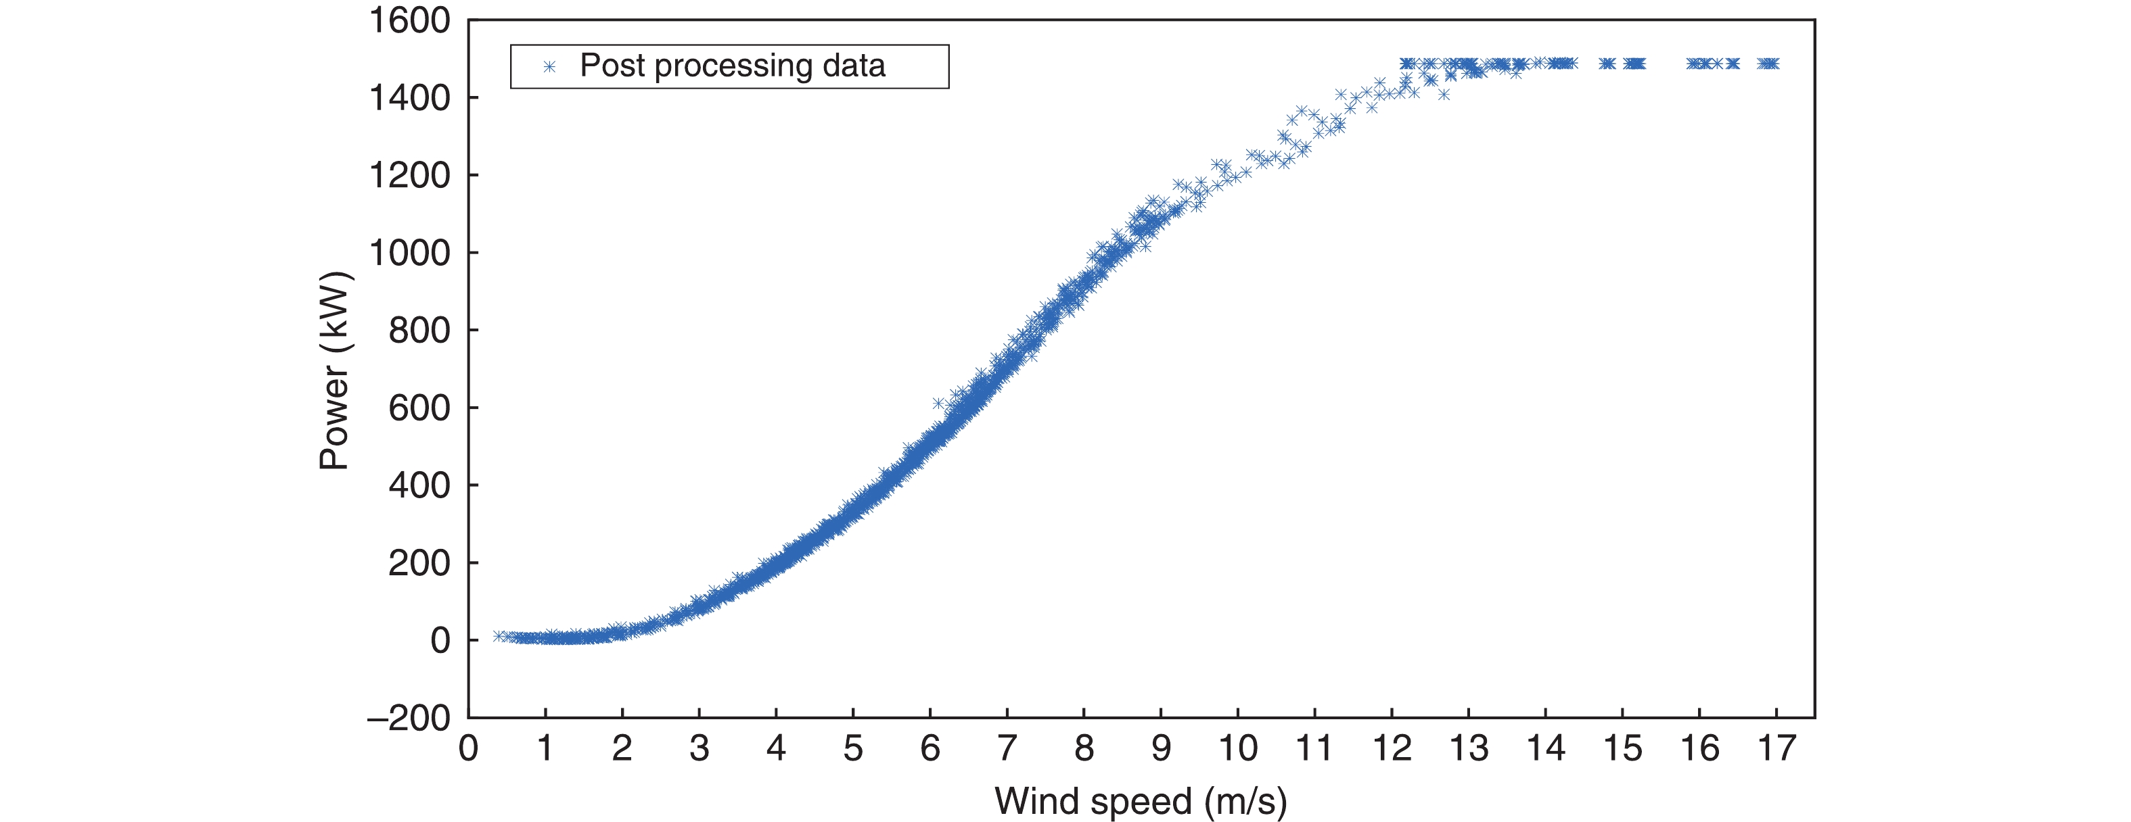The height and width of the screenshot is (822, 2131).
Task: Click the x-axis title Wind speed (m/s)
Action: (1140, 800)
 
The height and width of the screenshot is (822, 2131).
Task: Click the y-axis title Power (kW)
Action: (336, 370)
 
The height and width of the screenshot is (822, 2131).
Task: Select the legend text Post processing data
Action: (732, 66)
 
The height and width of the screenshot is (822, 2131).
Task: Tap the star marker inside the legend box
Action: (549, 66)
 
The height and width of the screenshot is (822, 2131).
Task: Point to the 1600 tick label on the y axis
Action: (409, 21)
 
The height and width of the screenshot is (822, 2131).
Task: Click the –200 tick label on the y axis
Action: (409, 718)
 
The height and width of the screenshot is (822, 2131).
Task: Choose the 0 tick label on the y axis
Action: (440, 640)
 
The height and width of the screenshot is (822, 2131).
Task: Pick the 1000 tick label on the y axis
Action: (409, 253)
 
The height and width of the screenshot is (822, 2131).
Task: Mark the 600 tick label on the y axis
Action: (419, 408)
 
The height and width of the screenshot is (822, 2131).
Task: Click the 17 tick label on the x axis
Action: (1776, 748)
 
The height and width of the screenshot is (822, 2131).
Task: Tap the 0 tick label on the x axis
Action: (468, 748)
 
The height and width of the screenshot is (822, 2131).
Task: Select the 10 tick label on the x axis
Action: (1237, 748)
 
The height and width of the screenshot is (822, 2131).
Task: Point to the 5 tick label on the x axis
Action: (853, 748)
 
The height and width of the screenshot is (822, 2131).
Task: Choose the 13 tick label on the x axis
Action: (1469, 748)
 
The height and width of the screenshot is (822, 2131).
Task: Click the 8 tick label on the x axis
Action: (1084, 748)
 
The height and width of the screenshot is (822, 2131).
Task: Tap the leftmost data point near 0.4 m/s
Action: (497, 636)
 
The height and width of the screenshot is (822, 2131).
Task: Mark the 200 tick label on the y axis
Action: (419, 563)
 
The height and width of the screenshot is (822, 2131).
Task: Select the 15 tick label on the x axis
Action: (1622, 748)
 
